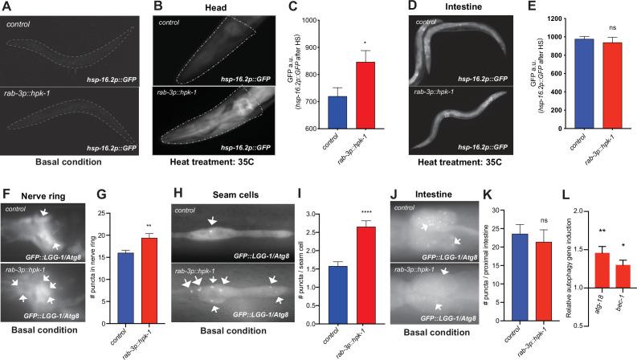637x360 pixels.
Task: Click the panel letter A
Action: point(8,7)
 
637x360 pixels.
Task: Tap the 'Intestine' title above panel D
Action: point(453,7)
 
